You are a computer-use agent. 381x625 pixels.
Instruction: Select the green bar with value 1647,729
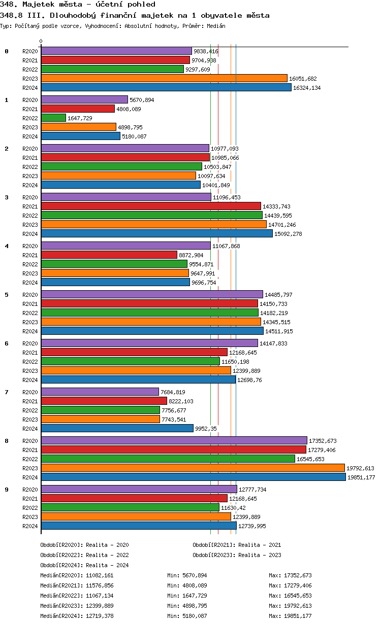(x=53, y=118)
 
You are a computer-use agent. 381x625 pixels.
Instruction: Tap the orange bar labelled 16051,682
(x=164, y=79)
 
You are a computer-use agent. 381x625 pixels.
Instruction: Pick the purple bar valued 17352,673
(x=174, y=441)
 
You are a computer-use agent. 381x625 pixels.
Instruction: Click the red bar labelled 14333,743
(x=151, y=206)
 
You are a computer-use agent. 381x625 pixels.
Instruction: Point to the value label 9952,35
(x=206, y=429)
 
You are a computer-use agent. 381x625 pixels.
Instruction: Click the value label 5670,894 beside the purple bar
(x=142, y=100)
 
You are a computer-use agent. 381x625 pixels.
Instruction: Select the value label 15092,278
(x=288, y=234)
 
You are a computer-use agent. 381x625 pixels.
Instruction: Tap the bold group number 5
(x=7, y=295)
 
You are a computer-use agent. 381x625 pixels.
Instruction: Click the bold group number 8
(x=7, y=441)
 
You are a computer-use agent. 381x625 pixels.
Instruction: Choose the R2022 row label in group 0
(x=30, y=70)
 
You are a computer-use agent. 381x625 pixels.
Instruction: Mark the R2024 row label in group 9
(x=30, y=526)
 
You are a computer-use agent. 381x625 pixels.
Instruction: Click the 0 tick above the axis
(x=41, y=42)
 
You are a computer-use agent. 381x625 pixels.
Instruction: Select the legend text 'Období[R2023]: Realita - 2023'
(x=237, y=555)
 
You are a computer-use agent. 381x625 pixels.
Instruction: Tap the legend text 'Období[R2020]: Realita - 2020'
(x=84, y=545)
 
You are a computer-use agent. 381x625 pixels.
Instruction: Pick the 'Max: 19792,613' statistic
(x=290, y=606)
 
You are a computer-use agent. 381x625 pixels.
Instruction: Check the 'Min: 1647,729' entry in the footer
(x=187, y=596)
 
